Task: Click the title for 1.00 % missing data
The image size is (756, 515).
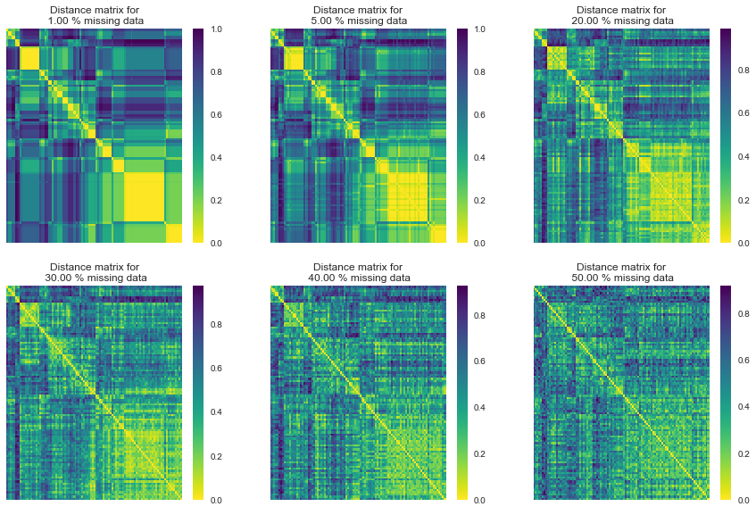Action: (94, 14)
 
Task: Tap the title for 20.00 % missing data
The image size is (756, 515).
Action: (621, 14)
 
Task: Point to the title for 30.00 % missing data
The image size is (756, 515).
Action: (94, 271)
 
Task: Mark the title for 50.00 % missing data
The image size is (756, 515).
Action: (621, 271)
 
